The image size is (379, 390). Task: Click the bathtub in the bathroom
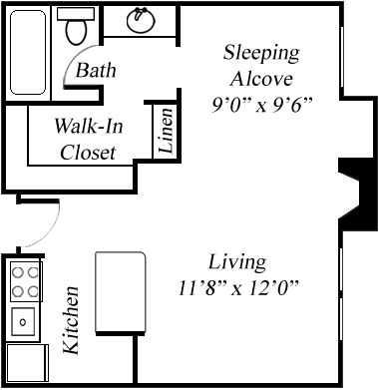coord(28,52)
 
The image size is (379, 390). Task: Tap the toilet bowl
coord(77,32)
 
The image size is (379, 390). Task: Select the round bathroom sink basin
coord(142,20)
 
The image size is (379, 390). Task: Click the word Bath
coord(96,70)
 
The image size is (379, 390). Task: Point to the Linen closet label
coord(167,130)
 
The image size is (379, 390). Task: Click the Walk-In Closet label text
coord(89,139)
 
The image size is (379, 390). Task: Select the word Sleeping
coord(261,54)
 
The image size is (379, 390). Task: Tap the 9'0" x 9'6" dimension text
coord(262,106)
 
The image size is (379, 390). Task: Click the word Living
coord(237,262)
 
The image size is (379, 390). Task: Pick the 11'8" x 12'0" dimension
coord(237,288)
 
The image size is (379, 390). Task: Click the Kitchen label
coord(71,320)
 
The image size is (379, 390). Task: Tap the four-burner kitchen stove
coord(26,281)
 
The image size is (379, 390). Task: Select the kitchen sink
coord(23,321)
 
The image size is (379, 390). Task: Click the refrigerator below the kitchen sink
coord(28,363)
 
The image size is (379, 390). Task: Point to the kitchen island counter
coord(121,292)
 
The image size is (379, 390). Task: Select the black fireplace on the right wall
coord(357,195)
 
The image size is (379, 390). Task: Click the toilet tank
coord(76,14)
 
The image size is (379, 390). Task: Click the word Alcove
coord(262,79)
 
